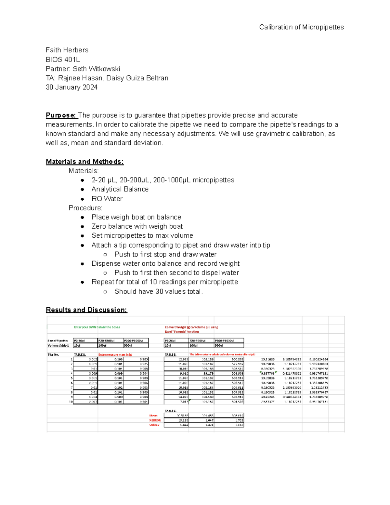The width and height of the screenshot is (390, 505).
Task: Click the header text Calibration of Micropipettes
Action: point(301,27)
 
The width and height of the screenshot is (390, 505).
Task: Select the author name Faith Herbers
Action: point(67,50)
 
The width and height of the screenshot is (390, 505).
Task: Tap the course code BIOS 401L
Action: point(63,60)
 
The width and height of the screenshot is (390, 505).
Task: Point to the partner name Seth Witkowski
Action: point(97,69)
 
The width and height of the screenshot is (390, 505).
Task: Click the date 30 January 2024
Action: point(71,87)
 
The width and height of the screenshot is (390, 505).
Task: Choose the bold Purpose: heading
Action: point(61,115)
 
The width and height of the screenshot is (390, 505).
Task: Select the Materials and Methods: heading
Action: point(84,162)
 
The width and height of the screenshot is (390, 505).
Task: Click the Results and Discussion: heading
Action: point(86,310)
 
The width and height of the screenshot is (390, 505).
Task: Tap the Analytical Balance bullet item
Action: point(120,189)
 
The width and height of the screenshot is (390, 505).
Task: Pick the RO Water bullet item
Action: point(107,199)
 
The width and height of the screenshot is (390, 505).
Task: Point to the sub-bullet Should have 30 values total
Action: point(158,292)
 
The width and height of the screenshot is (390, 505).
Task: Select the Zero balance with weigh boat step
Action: point(137,226)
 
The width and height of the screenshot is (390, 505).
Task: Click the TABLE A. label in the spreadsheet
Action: point(80,355)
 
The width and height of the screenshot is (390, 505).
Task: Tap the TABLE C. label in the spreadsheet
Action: point(171,411)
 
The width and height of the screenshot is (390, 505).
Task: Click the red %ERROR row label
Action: point(155,420)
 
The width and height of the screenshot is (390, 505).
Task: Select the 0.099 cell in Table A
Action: point(118,374)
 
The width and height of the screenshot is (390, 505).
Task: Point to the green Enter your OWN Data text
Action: point(97,327)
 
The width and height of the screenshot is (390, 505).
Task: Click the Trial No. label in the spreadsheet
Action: point(53,355)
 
